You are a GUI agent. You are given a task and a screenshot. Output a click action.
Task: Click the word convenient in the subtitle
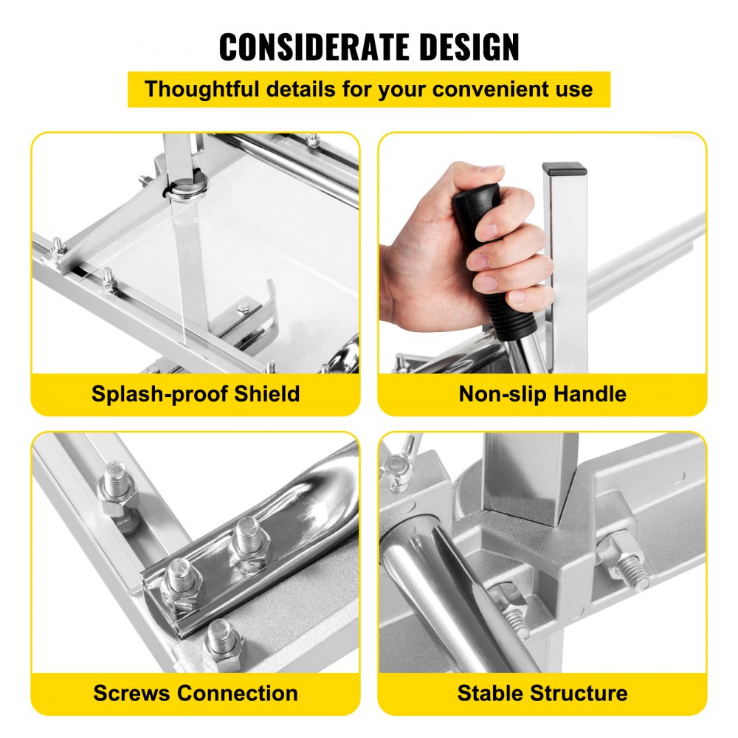486,89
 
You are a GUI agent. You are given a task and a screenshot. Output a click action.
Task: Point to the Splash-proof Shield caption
196,393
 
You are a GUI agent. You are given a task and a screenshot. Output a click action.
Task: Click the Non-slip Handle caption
542,393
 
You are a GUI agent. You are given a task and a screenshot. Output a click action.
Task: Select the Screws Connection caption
196,693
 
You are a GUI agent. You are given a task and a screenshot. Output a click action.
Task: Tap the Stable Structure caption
542,693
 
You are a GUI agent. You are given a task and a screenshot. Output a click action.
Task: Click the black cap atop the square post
564,169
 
